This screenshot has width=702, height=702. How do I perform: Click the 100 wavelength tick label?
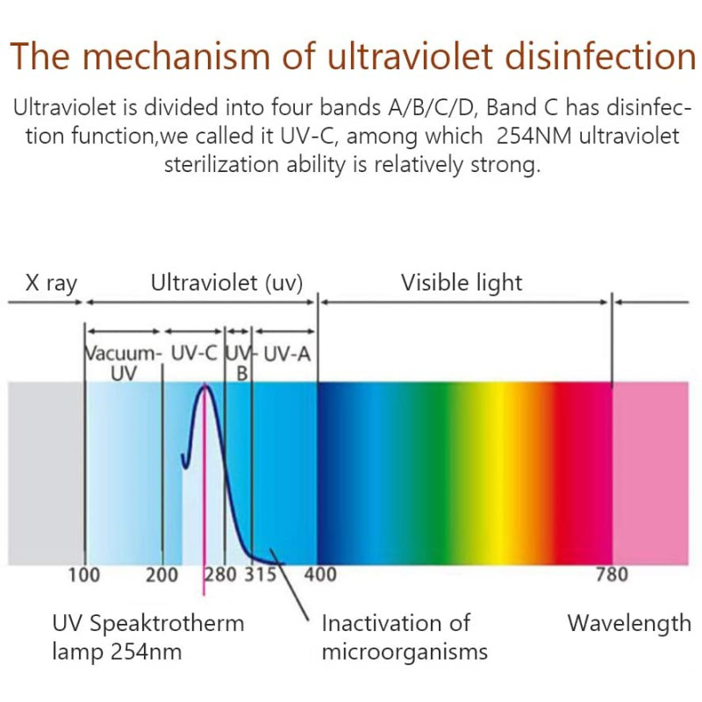(84, 576)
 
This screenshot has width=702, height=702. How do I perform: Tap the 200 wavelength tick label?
(162, 576)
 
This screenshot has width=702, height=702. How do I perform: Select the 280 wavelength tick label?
(220, 576)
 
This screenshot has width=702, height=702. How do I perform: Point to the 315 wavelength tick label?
(260, 576)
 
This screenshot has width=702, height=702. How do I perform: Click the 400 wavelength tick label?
(319, 576)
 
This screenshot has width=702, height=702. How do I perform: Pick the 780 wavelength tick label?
(612, 576)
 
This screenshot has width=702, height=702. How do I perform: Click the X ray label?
(51, 283)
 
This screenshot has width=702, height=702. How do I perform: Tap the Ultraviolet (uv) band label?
(226, 283)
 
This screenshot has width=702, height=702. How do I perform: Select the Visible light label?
(462, 283)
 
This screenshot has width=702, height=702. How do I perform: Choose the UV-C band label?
(196, 355)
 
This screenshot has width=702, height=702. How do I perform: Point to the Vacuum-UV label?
(124, 363)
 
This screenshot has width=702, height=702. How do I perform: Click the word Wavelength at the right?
(629, 624)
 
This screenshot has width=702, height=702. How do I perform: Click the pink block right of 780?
(650, 474)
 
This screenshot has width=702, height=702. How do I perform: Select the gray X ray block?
(45, 474)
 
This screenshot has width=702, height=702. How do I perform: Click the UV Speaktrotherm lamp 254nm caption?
(147, 638)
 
